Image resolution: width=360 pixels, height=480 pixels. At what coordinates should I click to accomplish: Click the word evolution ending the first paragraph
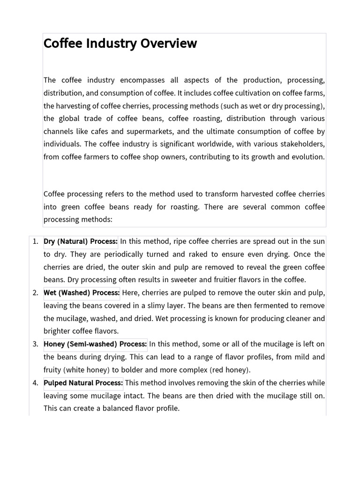(307, 157)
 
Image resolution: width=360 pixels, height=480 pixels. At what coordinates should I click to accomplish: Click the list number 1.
(35, 241)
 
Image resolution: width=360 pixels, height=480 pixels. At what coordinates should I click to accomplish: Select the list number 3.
(35, 344)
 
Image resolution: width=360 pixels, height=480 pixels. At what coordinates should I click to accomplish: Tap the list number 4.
(35, 382)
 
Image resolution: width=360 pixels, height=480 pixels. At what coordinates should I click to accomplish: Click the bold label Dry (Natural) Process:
(81, 241)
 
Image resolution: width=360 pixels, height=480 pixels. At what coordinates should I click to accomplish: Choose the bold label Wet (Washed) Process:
(82, 293)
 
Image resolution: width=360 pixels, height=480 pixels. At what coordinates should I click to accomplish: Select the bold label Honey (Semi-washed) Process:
(95, 344)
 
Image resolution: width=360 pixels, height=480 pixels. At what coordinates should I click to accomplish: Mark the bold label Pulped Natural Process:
(83, 382)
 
